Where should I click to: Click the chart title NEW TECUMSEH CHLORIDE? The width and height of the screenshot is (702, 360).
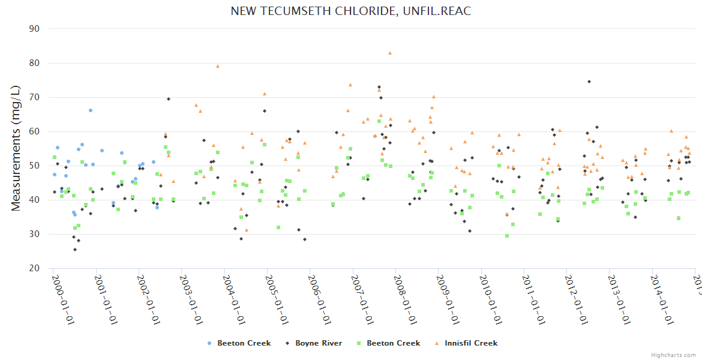point(350,11)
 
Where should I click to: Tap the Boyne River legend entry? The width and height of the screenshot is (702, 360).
point(318,343)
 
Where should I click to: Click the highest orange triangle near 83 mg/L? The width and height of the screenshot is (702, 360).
point(390,53)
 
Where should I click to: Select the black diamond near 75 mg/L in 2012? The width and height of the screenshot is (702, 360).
point(589,82)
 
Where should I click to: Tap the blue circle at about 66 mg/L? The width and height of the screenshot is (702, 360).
point(91,110)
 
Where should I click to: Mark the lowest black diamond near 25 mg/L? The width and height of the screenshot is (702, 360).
point(75,250)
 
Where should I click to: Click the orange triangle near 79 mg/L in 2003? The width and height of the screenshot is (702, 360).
point(218,66)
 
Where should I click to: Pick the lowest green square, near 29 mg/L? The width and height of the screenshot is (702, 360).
point(507,236)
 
